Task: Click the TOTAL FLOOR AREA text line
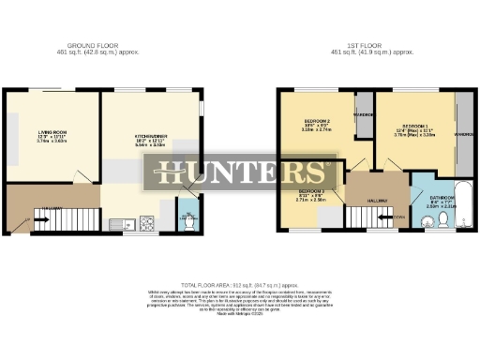coord(239,283)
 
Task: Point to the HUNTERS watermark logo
coord(241,172)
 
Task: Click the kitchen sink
coord(120,223)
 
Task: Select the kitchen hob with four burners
coord(147,223)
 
